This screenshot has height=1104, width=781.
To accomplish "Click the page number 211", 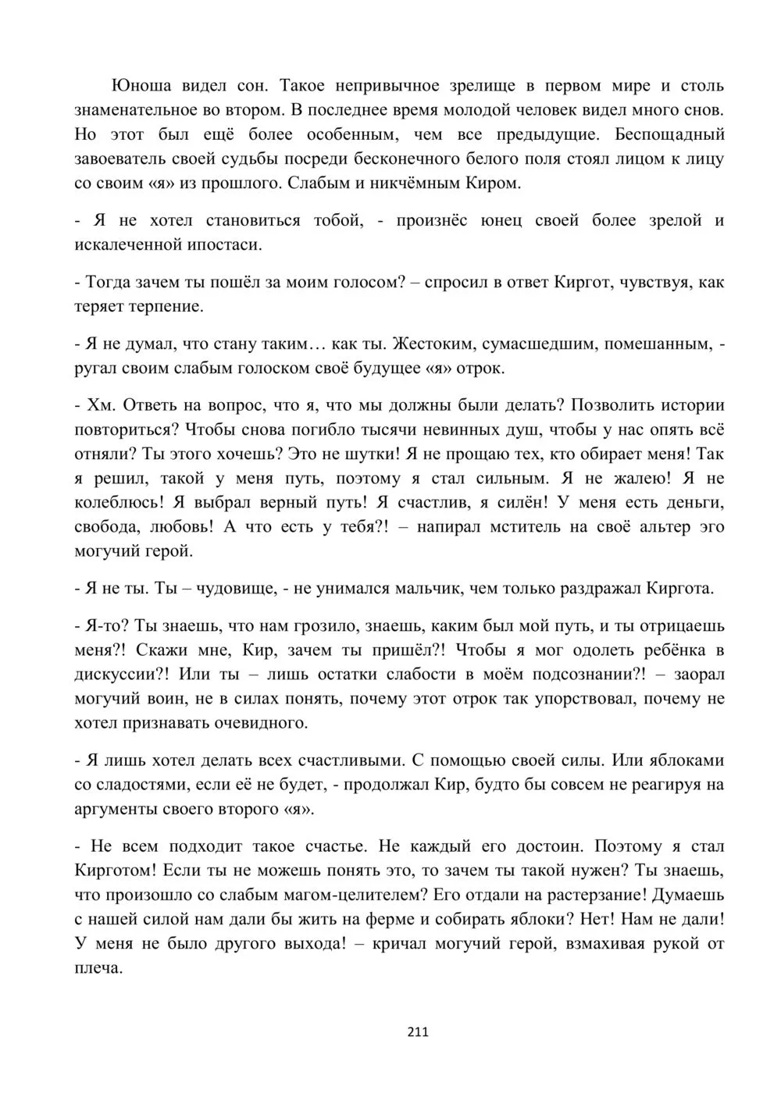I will pos(419,1032).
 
